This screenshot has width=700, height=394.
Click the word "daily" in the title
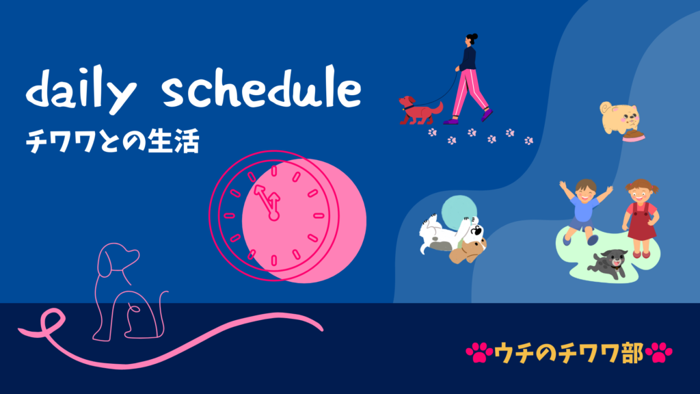[81, 90]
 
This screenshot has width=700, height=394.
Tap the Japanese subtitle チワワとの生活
[112, 141]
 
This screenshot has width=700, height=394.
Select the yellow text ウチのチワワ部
[568, 353]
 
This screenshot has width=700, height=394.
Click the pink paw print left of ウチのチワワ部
[479, 352]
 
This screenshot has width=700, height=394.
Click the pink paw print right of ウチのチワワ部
[659, 352]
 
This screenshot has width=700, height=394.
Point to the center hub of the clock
[273, 216]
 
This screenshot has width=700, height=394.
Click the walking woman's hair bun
[474, 36]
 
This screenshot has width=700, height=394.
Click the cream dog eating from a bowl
[619, 118]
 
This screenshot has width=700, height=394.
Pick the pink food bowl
[633, 137]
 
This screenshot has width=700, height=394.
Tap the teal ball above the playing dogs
[459, 211]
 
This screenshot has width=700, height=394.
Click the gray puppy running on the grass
[608, 263]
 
